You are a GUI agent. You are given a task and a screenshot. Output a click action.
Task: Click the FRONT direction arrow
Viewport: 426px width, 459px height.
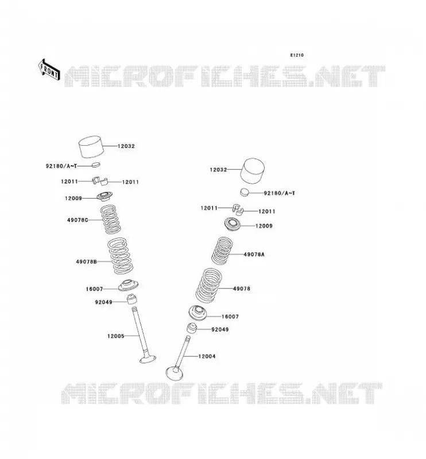49,69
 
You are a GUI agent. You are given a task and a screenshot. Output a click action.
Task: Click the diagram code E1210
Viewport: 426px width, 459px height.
297,55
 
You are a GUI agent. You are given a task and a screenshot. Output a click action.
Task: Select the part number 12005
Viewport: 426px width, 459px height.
116,336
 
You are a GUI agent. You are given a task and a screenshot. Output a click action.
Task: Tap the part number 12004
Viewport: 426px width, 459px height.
207,356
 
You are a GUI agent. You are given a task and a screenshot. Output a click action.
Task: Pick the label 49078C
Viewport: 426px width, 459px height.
78,220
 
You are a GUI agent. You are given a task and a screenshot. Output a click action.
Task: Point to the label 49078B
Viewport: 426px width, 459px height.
87,262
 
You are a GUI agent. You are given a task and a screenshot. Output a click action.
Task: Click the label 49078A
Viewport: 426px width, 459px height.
254,254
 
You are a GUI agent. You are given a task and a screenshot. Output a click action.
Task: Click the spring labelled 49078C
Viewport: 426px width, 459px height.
110,220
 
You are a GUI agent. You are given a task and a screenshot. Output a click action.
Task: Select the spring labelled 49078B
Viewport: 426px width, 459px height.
120,256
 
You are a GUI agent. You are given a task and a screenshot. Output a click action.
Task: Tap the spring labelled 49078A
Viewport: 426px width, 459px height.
222,251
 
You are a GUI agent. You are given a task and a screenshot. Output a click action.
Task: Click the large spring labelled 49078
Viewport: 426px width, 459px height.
208,285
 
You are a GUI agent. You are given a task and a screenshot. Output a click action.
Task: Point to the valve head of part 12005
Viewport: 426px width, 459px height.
148,359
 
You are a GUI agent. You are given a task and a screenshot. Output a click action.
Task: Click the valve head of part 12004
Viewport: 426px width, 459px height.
175,374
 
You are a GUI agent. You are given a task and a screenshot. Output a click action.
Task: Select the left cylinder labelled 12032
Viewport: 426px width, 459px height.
91,147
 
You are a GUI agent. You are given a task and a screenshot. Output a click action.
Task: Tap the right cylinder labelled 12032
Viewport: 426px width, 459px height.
253,171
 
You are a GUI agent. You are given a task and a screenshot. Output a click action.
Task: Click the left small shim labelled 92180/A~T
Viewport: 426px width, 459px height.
96,165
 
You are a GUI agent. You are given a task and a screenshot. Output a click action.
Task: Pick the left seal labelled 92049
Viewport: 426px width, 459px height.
132,299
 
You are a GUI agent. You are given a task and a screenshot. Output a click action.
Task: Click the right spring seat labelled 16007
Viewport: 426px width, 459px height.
197,313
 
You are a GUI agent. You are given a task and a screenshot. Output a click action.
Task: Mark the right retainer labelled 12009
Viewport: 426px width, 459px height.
233,224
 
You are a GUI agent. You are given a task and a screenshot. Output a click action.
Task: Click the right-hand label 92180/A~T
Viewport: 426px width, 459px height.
280,193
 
